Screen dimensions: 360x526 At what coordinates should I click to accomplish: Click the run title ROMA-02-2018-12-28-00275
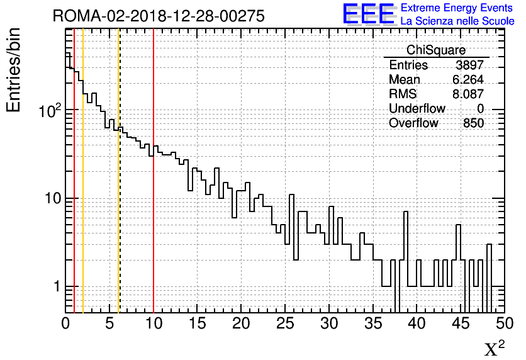(x=159, y=16)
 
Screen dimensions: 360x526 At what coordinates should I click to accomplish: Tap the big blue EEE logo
(x=368, y=14)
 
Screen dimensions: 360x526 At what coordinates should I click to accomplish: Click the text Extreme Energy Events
(x=457, y=8)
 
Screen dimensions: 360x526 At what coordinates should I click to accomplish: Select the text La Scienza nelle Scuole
(x=457, y=21)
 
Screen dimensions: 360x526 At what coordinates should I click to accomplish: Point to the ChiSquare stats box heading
(x=436, y=50)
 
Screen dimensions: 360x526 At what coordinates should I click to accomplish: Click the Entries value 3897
(x=469, y=65)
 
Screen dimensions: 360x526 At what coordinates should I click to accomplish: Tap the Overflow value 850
(x=473, y=123)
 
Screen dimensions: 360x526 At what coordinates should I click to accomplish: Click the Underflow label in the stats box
(x=417, y=108)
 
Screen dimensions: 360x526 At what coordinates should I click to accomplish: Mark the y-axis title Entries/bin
(x=14, y=70)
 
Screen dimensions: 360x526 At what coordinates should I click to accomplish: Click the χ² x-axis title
(x=494, y=348)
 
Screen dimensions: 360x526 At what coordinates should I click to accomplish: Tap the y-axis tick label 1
(x=56, y=287)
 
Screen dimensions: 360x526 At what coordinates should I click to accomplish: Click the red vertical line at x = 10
(x=154, y=189)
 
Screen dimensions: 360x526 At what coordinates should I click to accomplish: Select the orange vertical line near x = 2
(x=83, y=189)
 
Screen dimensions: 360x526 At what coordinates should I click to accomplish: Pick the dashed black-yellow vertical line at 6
(x=119, y=189)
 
